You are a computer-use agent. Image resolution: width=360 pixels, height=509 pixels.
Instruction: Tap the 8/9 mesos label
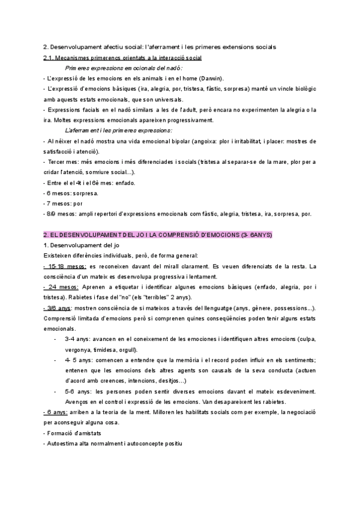(x=58, y=214)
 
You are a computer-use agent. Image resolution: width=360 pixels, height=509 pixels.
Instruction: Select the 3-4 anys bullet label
(x=78, y=339)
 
